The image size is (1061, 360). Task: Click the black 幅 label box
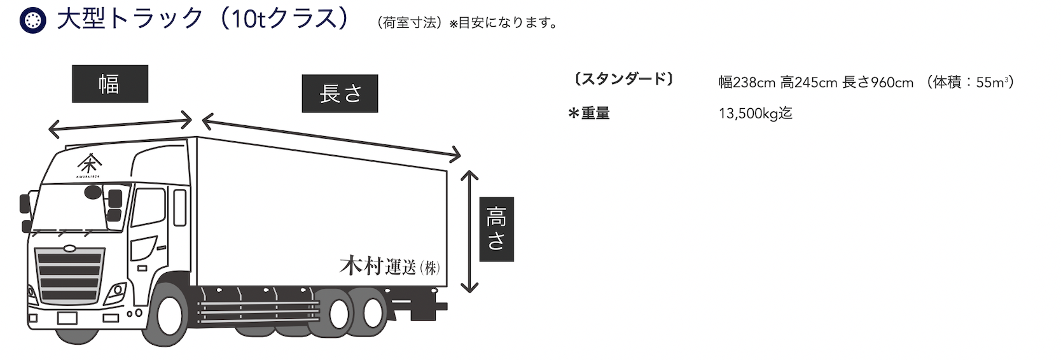coord(109,84)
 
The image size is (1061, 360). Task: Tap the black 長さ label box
coord(340,93)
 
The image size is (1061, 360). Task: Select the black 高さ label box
coord(496,229)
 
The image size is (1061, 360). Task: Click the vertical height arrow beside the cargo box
coord(469,232)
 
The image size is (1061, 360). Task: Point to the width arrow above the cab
coord(120,124)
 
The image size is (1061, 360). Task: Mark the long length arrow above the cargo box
coord(331,135)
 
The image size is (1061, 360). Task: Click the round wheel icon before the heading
coord(32,20)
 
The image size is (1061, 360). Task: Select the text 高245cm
coord(808,83)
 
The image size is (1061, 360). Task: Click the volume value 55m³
coord(994,83)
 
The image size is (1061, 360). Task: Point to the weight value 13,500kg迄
coord(755,114)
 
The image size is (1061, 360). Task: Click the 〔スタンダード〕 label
coord(623,80)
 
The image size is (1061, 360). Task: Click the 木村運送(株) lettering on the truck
coord(389,266)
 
